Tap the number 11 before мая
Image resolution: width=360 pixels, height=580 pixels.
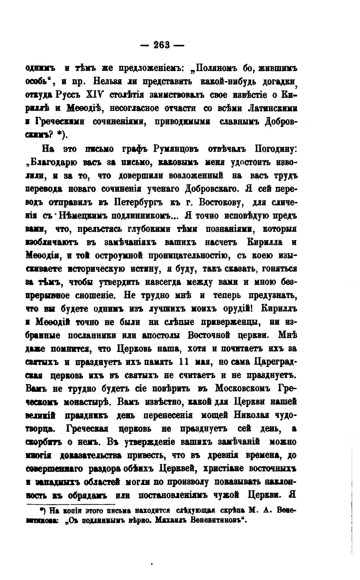185,362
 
